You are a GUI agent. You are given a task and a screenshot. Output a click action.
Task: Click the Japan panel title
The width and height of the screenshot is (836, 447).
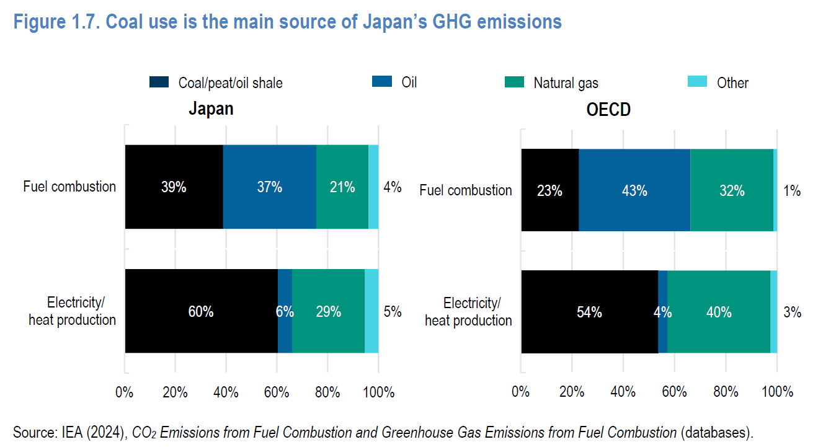211,109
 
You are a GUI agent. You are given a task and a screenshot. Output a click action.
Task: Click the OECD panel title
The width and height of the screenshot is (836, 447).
608,110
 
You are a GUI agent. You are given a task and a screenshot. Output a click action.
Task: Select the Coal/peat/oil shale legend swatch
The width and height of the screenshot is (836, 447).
159,82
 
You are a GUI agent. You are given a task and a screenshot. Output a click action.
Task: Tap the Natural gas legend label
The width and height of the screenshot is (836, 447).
566,83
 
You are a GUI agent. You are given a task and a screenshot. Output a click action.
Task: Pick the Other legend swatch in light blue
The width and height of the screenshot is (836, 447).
698,82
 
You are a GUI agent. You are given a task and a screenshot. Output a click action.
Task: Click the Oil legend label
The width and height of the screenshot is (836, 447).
409,82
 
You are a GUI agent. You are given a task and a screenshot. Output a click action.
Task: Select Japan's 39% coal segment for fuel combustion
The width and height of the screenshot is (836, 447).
174,187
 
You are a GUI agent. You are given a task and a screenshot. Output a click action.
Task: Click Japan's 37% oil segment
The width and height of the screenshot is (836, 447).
269,187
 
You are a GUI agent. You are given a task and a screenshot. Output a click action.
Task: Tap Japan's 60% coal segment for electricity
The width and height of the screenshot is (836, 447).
201,311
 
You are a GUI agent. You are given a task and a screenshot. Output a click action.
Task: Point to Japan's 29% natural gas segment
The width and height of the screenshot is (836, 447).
328,311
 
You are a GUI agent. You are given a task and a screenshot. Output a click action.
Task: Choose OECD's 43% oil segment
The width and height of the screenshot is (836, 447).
634,190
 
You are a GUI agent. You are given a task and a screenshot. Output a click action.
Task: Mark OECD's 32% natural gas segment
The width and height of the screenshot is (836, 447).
732,190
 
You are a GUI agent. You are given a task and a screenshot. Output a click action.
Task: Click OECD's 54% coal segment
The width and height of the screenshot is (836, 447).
589,312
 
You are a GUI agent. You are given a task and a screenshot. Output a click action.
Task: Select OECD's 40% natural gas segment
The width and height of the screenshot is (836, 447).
718,312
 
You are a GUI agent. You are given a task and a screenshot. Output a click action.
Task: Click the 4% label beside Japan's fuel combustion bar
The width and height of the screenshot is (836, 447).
392,187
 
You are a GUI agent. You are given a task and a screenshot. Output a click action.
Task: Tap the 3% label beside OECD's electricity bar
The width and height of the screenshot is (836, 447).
791,312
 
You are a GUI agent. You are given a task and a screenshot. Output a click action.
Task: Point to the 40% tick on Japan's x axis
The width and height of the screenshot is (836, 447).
226,392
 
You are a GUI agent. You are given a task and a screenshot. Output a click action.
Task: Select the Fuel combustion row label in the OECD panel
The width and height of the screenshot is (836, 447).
466,190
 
